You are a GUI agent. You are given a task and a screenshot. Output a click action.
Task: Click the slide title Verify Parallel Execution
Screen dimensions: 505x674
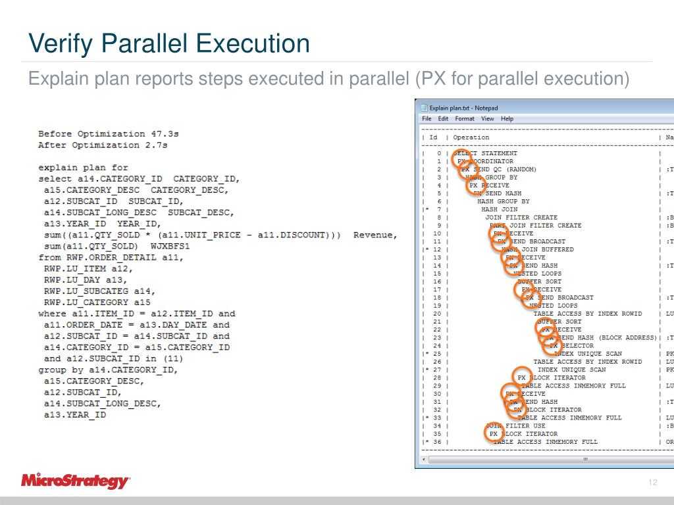pos(168,44)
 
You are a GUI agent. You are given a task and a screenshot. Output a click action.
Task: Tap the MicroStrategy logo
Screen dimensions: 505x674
pos(75,481)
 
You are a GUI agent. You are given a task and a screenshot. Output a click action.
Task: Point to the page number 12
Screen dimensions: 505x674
pos(653,483)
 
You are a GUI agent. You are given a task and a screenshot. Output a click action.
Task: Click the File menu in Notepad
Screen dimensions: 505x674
pos(427,119)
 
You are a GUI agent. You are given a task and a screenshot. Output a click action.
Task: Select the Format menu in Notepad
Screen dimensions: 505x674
pos(465,119)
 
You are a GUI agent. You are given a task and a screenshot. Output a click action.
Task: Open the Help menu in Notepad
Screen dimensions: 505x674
pos(507,119)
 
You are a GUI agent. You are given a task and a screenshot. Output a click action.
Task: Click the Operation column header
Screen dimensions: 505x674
pos(471,137)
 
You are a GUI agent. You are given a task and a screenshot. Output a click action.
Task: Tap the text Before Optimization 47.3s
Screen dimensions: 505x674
pos(109,134)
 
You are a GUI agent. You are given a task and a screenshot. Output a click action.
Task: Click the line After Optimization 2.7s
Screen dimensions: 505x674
pos(103,145)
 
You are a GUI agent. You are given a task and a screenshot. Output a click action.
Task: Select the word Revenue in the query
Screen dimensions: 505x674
pos(375,235)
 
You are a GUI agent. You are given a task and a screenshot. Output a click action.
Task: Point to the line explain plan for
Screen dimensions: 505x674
pos(83,168)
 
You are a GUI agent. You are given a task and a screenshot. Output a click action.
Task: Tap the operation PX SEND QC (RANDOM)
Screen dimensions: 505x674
pos(499,170)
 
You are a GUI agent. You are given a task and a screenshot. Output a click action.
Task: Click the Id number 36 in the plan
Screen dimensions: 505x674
pos(436,442)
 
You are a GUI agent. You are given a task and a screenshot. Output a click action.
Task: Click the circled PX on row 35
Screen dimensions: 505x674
pos(494,434)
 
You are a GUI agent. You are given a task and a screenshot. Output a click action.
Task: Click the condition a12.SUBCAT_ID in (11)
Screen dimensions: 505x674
pos(113,358)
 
